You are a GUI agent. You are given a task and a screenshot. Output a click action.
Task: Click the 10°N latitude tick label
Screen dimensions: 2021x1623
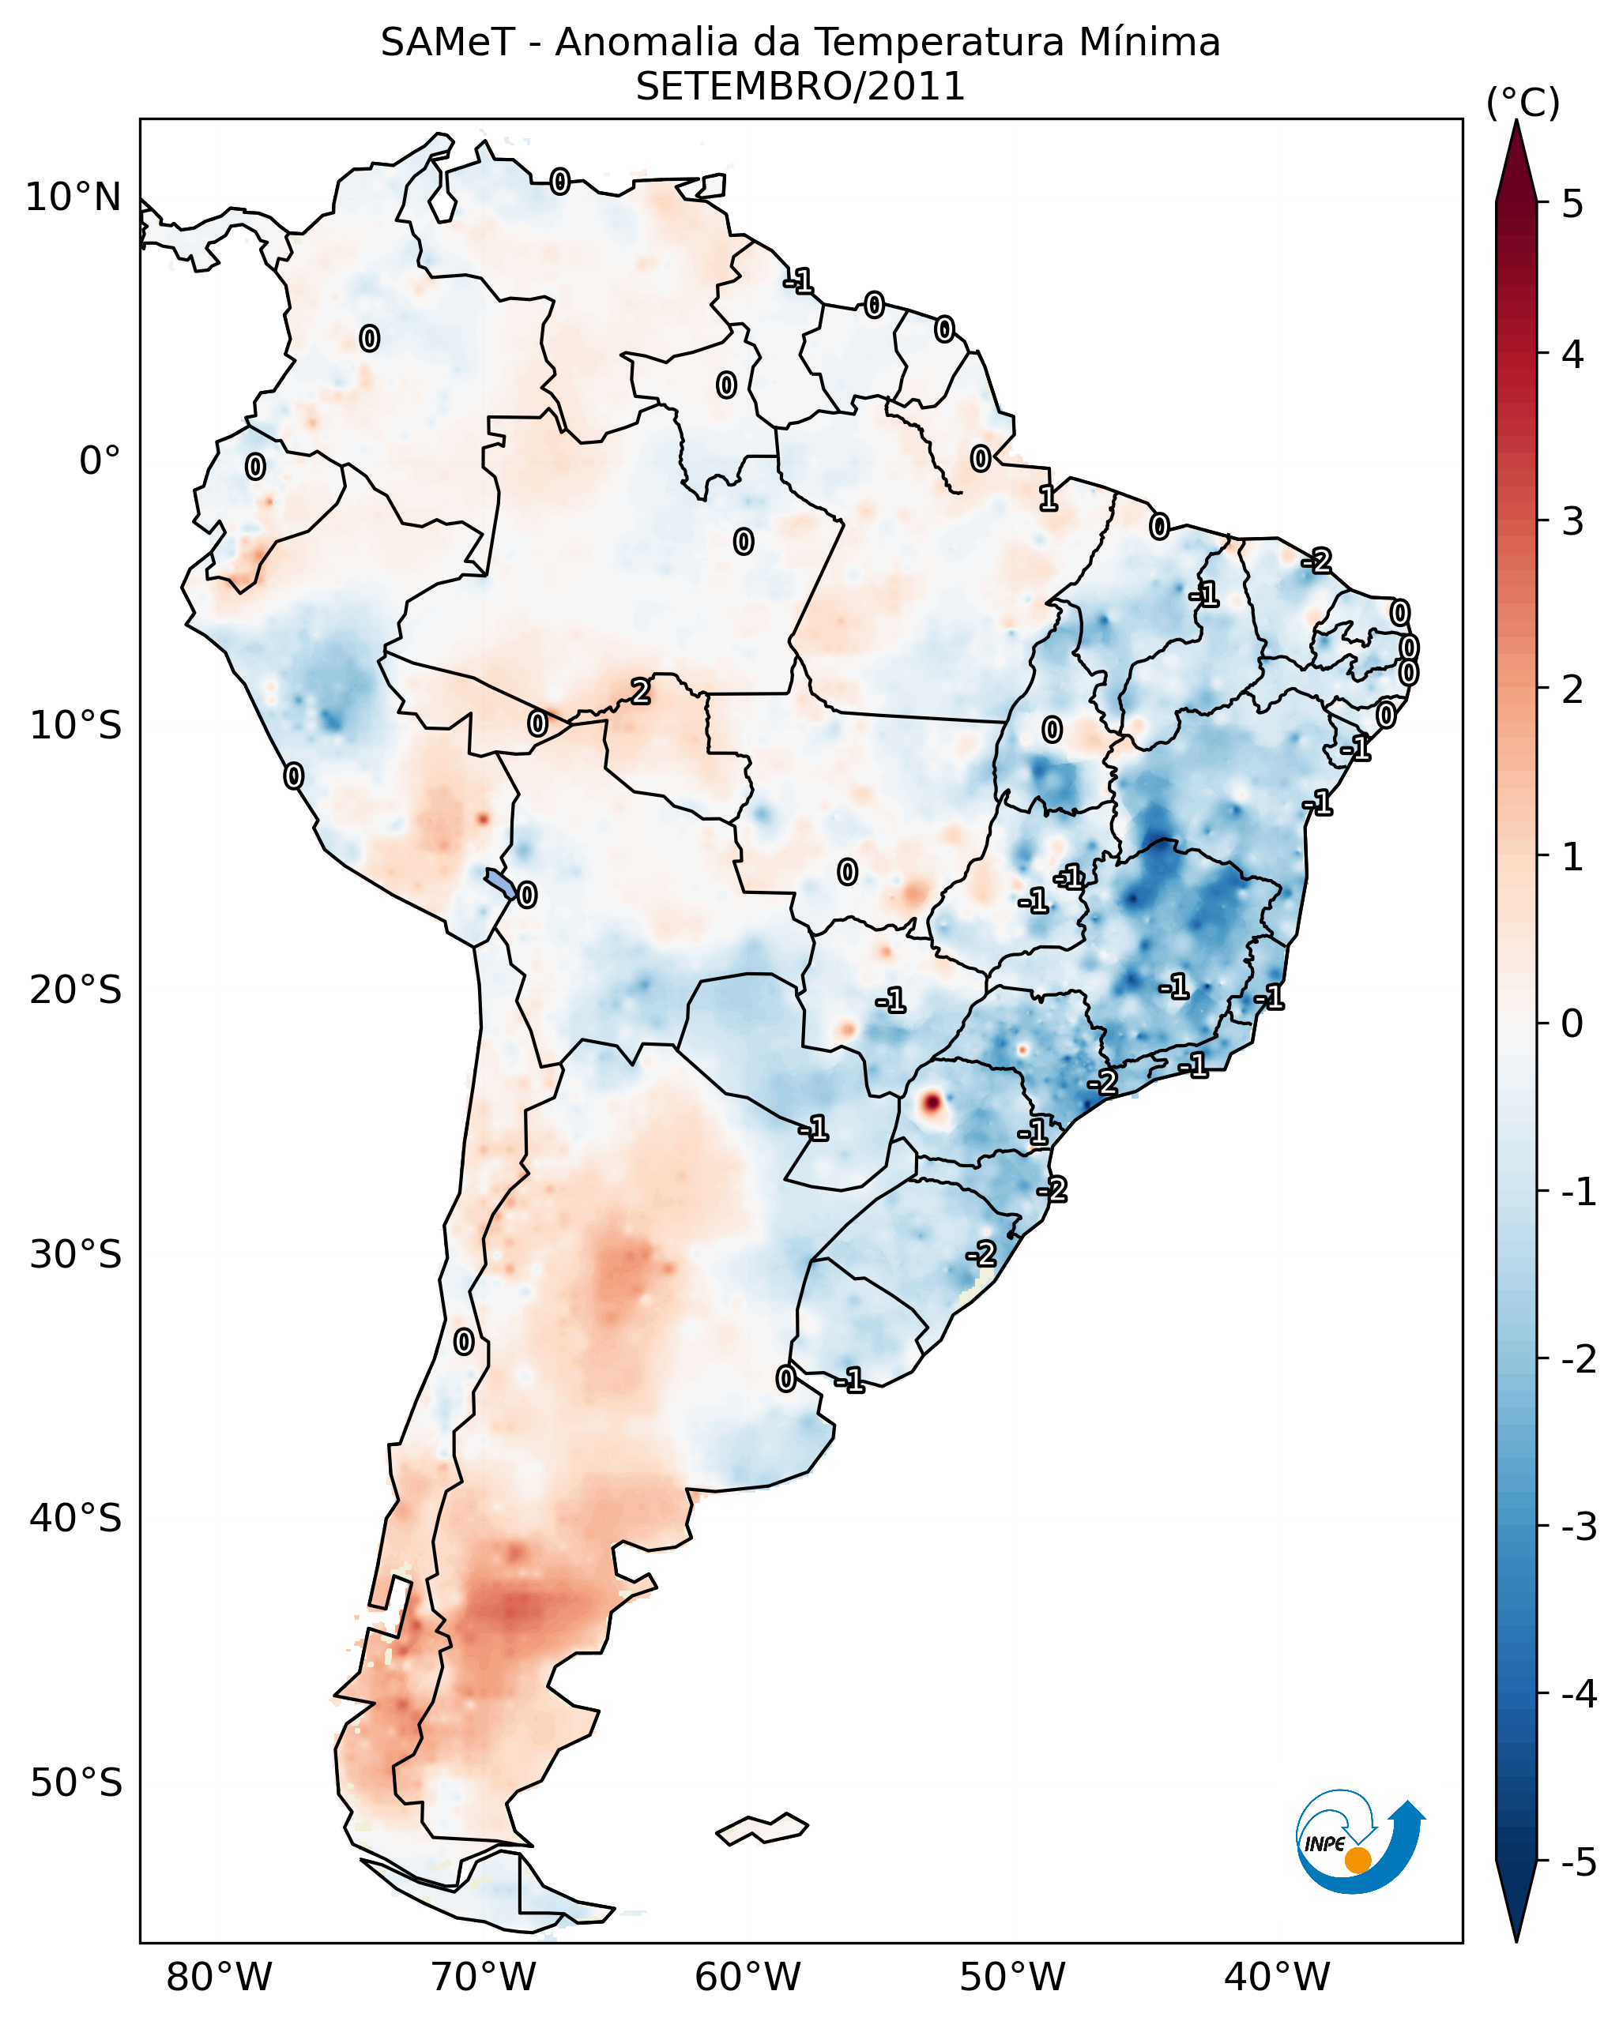73,197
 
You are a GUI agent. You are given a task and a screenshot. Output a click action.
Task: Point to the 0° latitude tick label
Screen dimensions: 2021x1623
100,461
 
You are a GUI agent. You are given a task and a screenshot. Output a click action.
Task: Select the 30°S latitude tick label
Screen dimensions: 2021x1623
76,1254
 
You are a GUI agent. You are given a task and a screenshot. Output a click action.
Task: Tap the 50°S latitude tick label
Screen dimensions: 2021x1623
76,1783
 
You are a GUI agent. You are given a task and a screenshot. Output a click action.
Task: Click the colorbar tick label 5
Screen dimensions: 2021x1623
1572,204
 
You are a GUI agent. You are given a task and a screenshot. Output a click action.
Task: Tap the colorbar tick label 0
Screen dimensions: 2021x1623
1572,1023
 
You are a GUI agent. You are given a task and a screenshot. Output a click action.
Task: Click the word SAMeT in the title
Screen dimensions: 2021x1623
447,43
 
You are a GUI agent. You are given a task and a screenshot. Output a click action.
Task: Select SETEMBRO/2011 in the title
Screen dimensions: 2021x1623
800,87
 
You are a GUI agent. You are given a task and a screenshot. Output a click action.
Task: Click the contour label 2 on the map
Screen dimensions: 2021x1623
640,693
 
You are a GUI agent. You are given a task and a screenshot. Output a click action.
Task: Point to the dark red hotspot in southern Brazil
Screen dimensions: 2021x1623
931,1103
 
